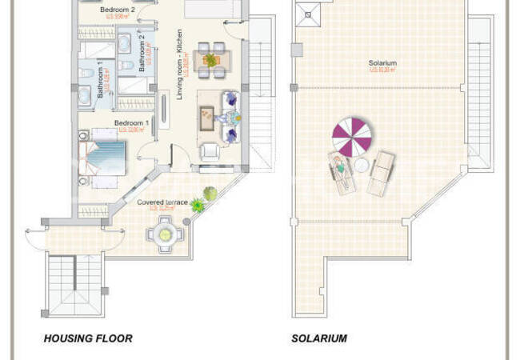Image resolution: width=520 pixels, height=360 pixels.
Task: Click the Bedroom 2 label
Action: [118, 10]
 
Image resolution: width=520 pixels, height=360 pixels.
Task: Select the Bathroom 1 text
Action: [100, 80]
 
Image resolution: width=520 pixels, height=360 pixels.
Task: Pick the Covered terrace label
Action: [162, 202]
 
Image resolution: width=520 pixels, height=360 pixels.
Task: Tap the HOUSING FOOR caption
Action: [88, 338]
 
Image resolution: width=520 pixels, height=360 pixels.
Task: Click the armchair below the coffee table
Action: [210, 151]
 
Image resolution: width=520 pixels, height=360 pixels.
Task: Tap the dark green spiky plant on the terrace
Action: [197, 206]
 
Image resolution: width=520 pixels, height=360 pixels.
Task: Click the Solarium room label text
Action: [382, 63]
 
